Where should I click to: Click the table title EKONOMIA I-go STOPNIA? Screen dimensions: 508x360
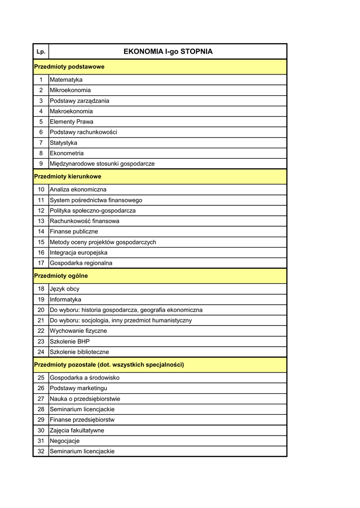pyautogui.click(x=167, y=52)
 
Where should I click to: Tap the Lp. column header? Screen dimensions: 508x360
pyautogui.click(x=41, y=52)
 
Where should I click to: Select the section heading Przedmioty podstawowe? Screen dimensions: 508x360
pyautogui.click(x=69, y=66)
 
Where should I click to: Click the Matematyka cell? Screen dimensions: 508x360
pyautogui.click(x=66, y=80)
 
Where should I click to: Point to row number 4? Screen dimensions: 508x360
pyautogui.click(x=41, y=111)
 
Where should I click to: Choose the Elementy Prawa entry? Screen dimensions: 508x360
pyautogui.click(x=72, y=122)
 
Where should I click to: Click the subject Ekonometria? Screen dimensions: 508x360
pyautogui.click(x=67, y=153)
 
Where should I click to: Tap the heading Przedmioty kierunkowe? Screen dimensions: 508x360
pyautogui.click(x=68, y=176)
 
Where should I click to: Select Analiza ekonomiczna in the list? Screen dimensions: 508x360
pyautogui.click(x=78, y=190)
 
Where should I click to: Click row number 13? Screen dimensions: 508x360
pyautogui.click(x=41, y=221)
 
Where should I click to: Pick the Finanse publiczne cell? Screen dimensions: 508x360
pyautogui.click(x=74, y=232)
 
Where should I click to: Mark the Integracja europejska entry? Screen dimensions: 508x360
pyautogui.click(x=78, y=253)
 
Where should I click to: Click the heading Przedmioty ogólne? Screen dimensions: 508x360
pyautogui.click(x=61, y=275)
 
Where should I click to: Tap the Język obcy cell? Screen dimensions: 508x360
pyautogui.click(x=65, y=289)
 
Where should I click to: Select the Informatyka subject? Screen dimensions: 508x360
pyautogui.click(x=66, y=300)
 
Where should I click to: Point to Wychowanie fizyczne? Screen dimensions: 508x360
pyautogui.click(x=78, y=331)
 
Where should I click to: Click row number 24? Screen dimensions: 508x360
pyautogui.click(x=41, y=352)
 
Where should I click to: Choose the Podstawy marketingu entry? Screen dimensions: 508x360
pyautogui.click(x=78, y=388)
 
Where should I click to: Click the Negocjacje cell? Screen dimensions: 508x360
pyautogui.click(x=65, y=441)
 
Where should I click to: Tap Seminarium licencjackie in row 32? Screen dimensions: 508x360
pyautogui.click(x=82, y=451)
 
